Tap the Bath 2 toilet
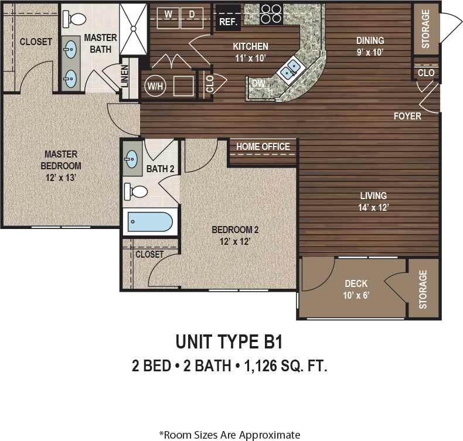[137, 191]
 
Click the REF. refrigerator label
[227, 22]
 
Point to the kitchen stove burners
[271, 13]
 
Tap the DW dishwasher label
[258, 84]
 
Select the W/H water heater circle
[155, 86]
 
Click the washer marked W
[168, 13]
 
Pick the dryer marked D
[192, 13]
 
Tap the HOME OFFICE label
[263, 146]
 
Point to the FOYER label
[407, 116]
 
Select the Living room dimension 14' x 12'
[373, 207]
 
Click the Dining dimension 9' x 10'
[370, 52]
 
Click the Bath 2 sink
[132, 158]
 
